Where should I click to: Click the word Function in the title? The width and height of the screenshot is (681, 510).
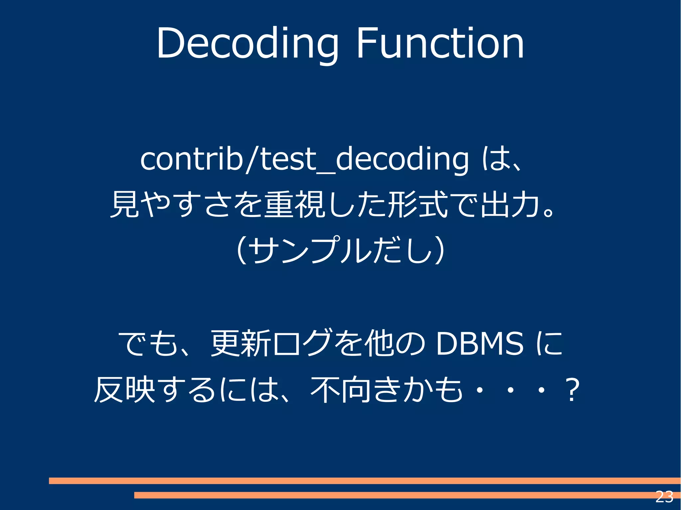tap(440, 44)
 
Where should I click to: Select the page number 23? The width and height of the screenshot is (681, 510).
tap(664, 497)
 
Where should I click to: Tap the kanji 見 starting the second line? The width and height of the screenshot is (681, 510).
tap(124, 204)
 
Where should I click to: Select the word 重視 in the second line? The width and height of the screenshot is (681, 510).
tap(294, 204)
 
